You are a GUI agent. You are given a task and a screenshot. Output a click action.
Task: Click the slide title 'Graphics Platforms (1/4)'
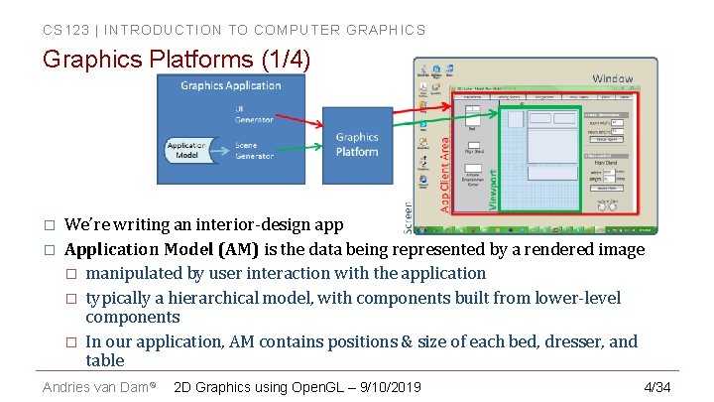(177, 61)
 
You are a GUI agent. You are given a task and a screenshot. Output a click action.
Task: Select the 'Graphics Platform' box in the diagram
(356, 144)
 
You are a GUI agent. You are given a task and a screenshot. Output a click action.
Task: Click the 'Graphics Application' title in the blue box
(230, 86)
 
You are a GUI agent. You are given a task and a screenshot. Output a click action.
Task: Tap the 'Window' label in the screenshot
(612, 77)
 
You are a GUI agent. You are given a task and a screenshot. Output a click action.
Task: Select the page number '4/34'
(656, 386)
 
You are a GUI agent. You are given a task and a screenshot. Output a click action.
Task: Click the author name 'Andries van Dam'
(96, 386)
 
